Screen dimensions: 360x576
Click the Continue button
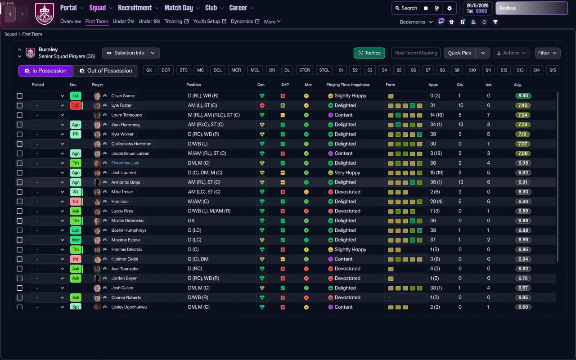(x=531, y=8)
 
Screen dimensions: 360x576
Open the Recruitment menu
(x=138, y=8)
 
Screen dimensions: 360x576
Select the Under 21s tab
(x=123, y=21)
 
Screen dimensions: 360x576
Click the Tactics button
(x=369, y=53)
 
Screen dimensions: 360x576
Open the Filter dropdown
(x=547, y=53)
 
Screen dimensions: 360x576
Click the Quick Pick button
(x=459, y=53)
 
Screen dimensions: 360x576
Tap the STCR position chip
(x=305, y=70)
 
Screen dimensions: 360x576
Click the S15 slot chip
(x=553, y=70)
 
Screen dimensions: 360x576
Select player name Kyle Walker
(x=123, y=134)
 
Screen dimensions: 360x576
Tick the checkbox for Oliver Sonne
(x=19, y=96)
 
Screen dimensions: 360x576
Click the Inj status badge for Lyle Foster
(x=76, y=105)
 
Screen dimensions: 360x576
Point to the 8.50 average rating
(x=523, y=96)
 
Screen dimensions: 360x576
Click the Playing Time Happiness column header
(x=348, y=85)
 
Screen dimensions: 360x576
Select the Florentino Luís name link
(x=125, y=163)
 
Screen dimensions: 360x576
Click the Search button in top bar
(x=405, y=8)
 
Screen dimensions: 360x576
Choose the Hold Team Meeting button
(x=415, y=53)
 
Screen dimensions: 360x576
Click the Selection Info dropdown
(x=130, y=53)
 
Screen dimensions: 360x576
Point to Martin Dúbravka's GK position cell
(x=191, y=220)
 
